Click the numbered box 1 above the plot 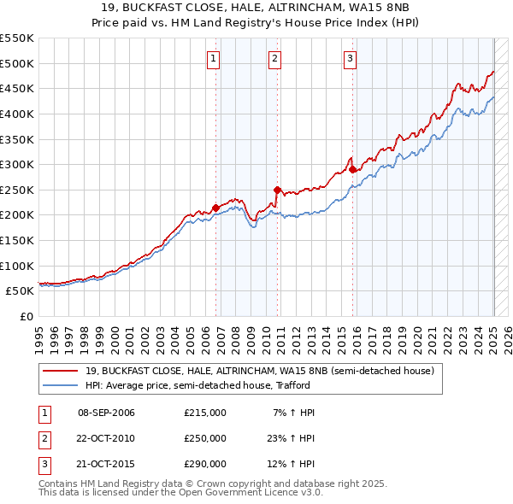tap(212, 59)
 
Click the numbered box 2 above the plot tap(274, 59)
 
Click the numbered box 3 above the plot tap(351, 59)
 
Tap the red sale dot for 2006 tap(215, 208)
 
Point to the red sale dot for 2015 tap(353, 169)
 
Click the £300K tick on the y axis tap(17, 164)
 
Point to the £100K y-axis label tap(17, 266)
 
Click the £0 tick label tap(28, 316)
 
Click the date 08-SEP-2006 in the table tap(106, 413)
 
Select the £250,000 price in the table tap(205, 438)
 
